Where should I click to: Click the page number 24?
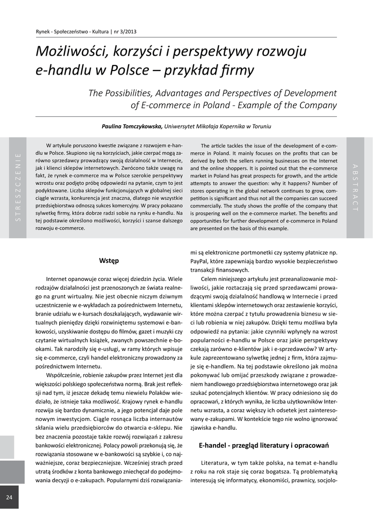pos(10,497)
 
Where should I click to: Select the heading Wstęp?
pos(109,260)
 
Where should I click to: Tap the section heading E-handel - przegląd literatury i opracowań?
pos(263,445)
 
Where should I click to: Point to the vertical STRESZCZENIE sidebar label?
pos(18,187)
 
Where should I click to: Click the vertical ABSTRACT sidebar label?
pos(355,187)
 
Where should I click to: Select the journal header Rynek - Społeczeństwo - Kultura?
pos(72,32)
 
